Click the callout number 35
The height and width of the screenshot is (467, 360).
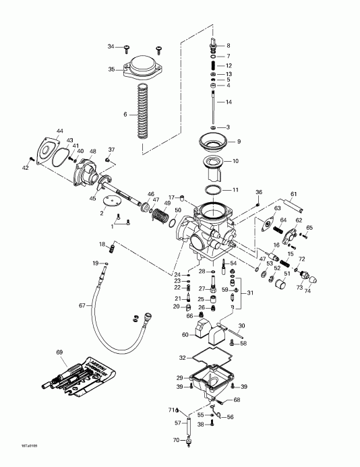(x=112, y=69)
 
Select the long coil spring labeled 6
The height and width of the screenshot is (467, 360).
(x=142, y=111)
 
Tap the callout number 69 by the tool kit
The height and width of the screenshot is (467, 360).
(x=59, y=352)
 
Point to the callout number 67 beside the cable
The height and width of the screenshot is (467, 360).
(x=83, y=305)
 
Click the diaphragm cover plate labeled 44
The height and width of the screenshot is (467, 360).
(x=48, y=152)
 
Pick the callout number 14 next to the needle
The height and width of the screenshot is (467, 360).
(x=229, y=102)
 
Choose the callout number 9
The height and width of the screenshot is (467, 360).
(x=237, y=142)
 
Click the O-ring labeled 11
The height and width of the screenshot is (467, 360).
(x=213, y=189)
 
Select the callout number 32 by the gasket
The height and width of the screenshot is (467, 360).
(x=181, y=356)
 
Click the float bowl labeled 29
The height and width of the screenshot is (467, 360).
(x=209, y=381)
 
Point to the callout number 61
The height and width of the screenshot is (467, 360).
(x=293, y=194)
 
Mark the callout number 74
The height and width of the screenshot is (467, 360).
(x=308, y=291)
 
